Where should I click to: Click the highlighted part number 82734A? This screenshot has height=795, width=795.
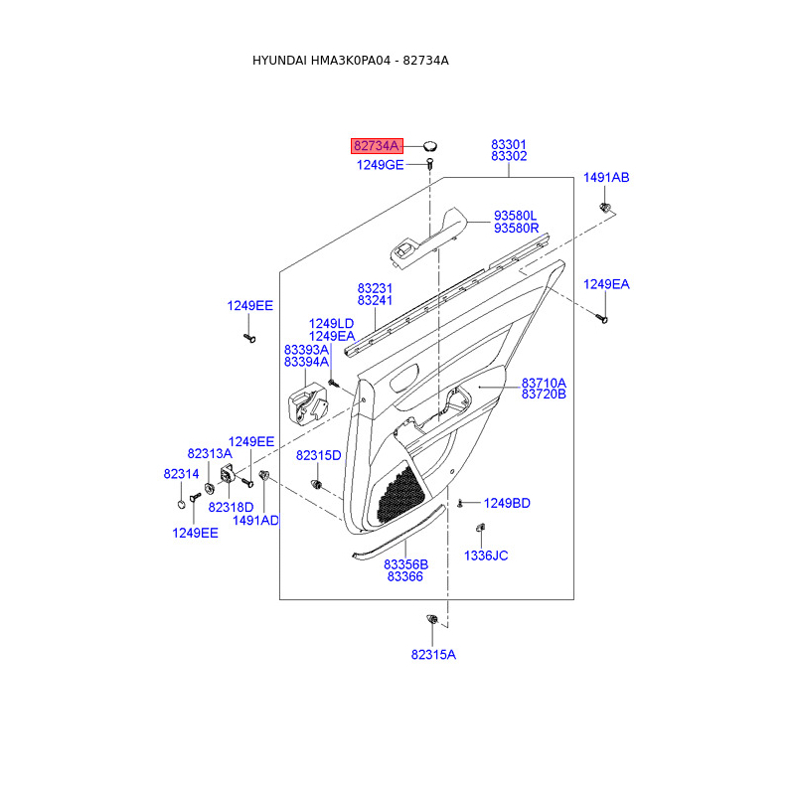tap(377, 146)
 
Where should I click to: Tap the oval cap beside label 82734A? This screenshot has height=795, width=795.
tap(430, 146)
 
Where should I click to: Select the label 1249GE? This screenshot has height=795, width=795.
tap(381, 165)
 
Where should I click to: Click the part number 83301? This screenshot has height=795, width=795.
tap(509, 144)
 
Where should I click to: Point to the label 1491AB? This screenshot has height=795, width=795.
tap(606, 178)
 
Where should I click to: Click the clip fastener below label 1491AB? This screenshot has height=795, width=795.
tap(604, 207)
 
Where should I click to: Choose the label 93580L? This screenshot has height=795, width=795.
tap(515, 216)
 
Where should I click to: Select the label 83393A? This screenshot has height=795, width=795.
tap(306, 350)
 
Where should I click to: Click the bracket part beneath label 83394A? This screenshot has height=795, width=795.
tap(307, 402)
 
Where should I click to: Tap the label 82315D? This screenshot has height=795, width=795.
tap(318, 455)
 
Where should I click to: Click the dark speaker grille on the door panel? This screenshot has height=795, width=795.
tap(400, 495)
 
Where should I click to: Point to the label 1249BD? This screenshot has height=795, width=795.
tap(507, 503)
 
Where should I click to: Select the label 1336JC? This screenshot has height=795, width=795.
tap(486, 556)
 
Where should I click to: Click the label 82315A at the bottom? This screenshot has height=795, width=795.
tap(433, 655)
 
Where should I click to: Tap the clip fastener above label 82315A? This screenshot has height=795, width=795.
tap(432, 619)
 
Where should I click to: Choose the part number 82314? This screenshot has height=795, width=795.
tap(181, 474)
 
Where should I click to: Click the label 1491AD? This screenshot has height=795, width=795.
tap(255, 520)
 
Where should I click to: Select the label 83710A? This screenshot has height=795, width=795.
tap(544, 383)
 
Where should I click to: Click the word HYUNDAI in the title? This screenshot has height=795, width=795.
tap(279, 61)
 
